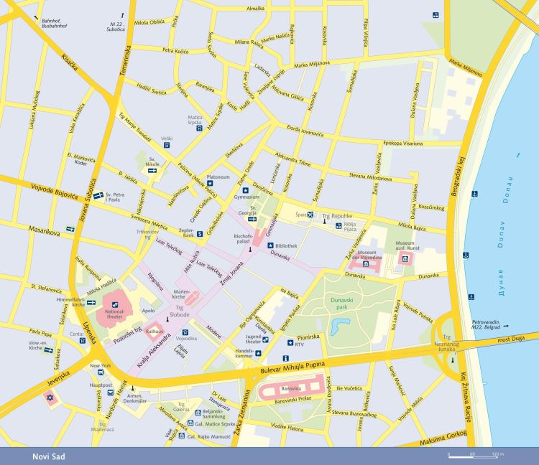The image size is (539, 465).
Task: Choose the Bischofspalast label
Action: (x=245, y=238)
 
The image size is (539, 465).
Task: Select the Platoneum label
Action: (x=218, y=177)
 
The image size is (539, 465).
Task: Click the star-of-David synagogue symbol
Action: (x=50, y=398)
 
